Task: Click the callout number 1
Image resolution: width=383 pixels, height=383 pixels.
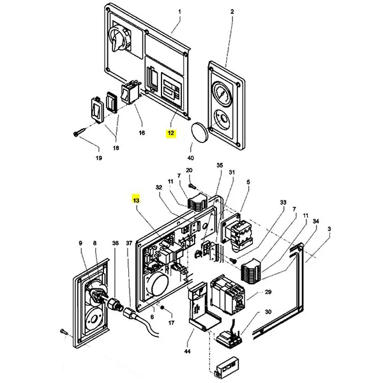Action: [x=179, y=12]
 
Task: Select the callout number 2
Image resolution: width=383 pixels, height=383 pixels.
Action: [x=232, y=12]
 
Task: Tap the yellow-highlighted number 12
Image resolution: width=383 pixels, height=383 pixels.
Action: [x=170, y=133]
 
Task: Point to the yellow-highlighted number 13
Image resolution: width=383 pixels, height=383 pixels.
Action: [x=135, y=200]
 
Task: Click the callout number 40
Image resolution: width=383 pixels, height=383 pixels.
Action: [x=190, y=158]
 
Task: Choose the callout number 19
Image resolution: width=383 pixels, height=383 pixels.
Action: [x=98, y=158]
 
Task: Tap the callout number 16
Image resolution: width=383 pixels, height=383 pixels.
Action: [x=142, y=133]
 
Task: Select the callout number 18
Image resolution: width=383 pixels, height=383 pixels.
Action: [x=116, y=147]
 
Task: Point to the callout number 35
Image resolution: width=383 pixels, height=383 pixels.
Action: [x=220, y=165]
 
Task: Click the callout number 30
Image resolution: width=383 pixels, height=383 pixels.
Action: [x=267, y=312]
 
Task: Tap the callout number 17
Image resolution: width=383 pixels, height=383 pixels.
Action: [x=170, y=323]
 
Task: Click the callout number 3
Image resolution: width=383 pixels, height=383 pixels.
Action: [x=329, y=228]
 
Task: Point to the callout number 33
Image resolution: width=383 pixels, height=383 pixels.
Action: [x=283, y=202]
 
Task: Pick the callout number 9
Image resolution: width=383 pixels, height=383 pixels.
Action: [x=81, y=243]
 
